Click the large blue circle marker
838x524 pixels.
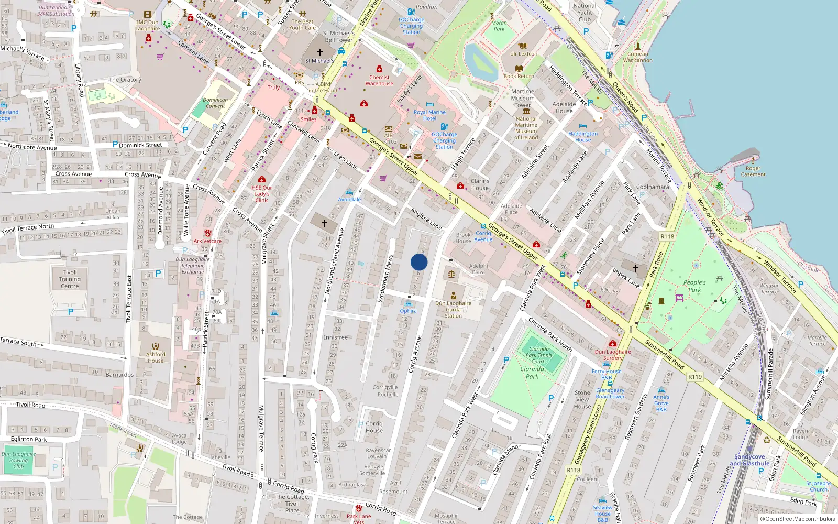click(419, 262)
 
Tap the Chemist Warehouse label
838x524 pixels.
click(379, 80)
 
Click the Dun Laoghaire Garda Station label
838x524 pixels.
click(453, 309)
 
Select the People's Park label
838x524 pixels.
click(694, 286)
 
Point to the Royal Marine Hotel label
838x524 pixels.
click(429, 115)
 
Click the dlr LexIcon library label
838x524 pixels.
click(524, 53)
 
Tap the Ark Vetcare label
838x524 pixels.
click(207, 241)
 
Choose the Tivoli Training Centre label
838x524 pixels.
click(70, 279)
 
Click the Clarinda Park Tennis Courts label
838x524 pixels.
click(539, 355)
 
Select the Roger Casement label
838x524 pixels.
click(753, 171)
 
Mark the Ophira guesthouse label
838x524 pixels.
click(409, 311)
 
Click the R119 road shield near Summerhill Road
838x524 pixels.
click(694, 376)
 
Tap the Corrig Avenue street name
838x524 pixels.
click(415, 354)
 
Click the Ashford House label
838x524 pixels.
click(156, 357)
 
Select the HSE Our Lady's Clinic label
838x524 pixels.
click(262, 194)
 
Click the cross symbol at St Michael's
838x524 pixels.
click(320, 52)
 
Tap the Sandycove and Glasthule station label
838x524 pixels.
click(749, 460)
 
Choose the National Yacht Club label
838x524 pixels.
click(585, 13)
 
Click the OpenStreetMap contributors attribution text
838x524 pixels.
click(800, 519)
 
